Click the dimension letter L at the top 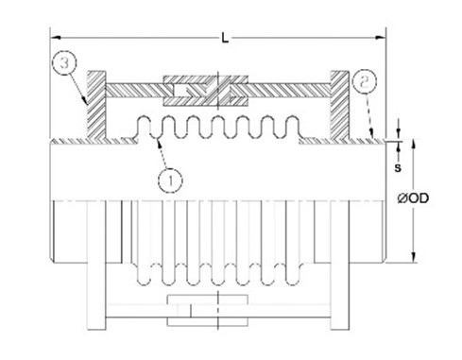[x=225, y=38]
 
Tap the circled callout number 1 [x=170, y=180]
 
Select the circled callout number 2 [x=365, y=82]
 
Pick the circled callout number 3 [x=64, y=62]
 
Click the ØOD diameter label [x=413, y=198]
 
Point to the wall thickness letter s [x=398, y=168]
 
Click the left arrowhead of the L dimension [x=56, y=37]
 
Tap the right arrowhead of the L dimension [x=380, y=37]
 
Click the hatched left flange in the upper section [x=96, y=105]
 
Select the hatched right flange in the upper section [x=339, y=105]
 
